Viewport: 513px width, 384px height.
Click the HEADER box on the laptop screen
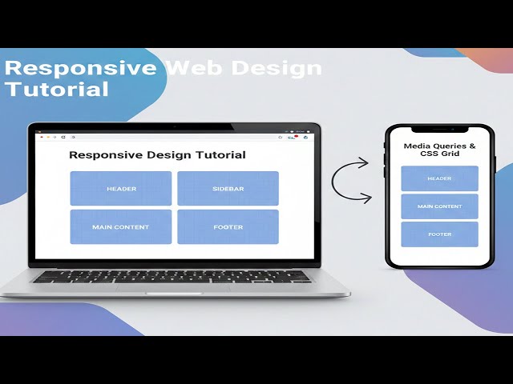[x=121, y=189]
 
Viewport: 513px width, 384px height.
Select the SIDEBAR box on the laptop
[x=228, y=189]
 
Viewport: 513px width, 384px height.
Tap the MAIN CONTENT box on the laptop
[x=121, y=226]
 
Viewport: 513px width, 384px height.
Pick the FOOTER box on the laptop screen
[x=228, y=226]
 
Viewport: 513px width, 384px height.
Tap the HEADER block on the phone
[x=439, y=178]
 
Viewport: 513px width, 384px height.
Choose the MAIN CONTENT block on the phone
[x=439, y=206]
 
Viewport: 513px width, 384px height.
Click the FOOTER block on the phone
[x=439, y=234]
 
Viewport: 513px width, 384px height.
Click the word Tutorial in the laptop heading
[x=219, y=155]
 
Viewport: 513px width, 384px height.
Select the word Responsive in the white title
[x=80, y=68]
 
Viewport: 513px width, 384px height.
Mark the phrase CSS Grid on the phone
[x=439, y=154]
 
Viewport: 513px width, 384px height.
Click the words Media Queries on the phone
[x=439, y=146]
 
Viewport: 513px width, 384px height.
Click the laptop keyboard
[x=173, y=276]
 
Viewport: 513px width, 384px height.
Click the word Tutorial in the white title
[x=56, y=90]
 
